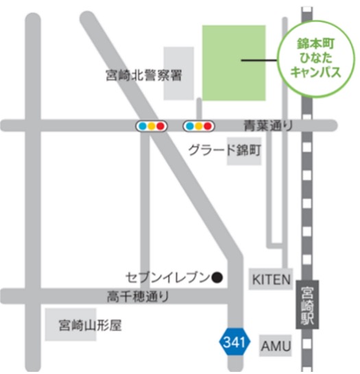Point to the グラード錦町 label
[x=225, y=150]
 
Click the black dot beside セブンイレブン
[x=217, y=277]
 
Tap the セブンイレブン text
[x=167, y=277]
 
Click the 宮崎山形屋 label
[x=90, y=325]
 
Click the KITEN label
[x=271, y=279]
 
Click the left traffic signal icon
[x=151, y=125]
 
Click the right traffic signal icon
[x=199, y=125]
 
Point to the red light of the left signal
[x=160, y=125]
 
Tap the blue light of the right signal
[x=190, y=125]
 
